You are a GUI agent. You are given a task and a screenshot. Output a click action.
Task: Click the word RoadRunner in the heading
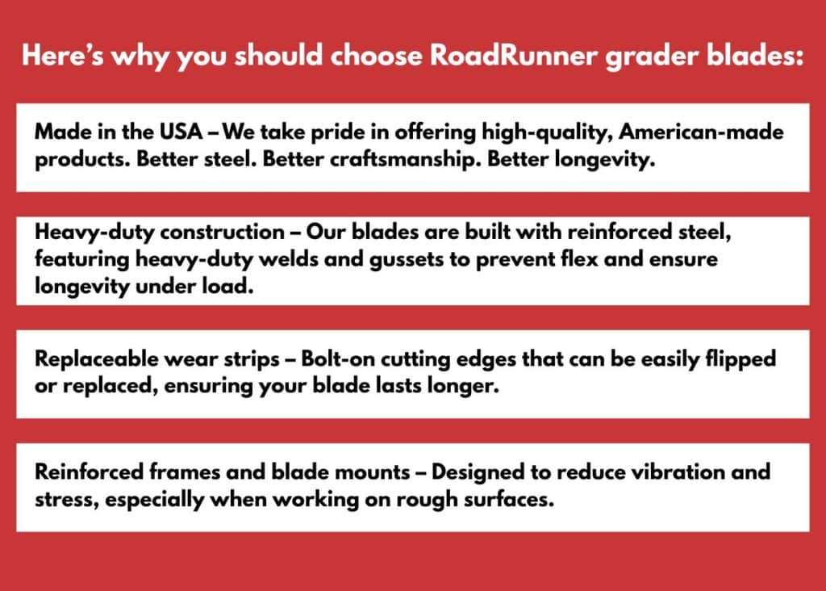click(x=514, y=56)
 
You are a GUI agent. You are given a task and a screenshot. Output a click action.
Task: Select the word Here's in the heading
click(x=63, y=56)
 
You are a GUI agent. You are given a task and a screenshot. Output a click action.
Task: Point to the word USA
click(x=181, y=132)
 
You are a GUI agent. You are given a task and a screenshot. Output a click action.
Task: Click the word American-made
click(x=701, y=132)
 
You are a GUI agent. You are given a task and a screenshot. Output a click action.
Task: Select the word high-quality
click(x=548, y=132)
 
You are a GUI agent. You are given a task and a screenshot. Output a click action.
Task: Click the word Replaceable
click(x=97, y=359)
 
